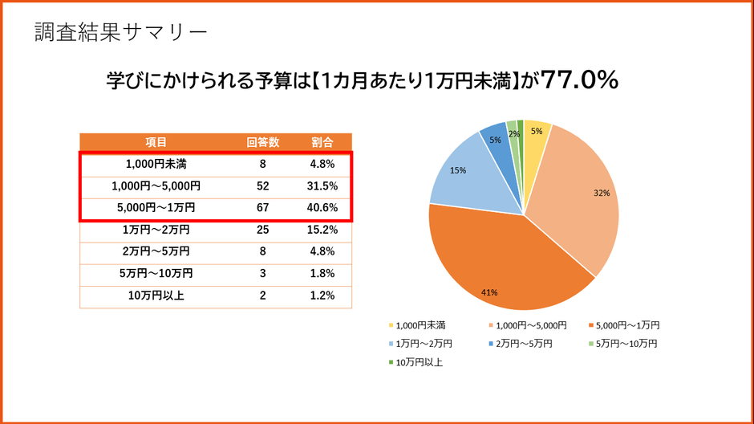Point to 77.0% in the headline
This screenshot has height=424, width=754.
[x=579, y=80]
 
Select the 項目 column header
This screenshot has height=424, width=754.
[x=156, y=142]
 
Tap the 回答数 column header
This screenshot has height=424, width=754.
[x=262, y=142]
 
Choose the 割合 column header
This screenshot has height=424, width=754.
[x=322, y=142]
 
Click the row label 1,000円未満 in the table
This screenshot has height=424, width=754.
[x=156, y=164]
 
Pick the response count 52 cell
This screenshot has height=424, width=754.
[x=262, y=186]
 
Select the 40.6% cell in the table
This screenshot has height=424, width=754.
[x=322, y=208]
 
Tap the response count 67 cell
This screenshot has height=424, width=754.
[x=262, y=208]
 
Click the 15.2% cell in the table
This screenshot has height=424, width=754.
[x=322, y=230]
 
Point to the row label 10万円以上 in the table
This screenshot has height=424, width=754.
[x=156, y=296]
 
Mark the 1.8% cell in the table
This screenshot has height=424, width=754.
[x=322, y=274]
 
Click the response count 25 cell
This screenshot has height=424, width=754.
[x=262, y=230]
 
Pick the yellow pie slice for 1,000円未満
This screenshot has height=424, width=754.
[x=536, y=137]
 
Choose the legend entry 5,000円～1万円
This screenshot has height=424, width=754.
[x=626, y=325]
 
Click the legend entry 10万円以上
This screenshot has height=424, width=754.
[x=417, y=362]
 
